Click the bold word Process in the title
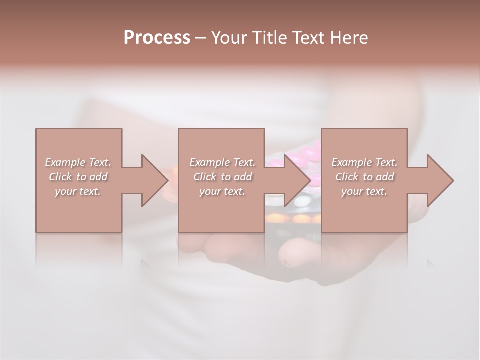[x=157, y=38]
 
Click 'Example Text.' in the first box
[x=78, y=162]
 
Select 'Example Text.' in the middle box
[x=222, y=162]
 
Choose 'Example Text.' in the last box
[x=364, y=162]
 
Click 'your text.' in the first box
[x=78, y=191]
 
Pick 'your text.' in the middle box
[x=222, y=191]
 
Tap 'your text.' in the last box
[x=364, y=191]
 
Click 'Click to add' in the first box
[x=78, y=177]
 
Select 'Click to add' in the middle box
[x=222, y=177]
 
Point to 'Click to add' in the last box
[x=364, y=177]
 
